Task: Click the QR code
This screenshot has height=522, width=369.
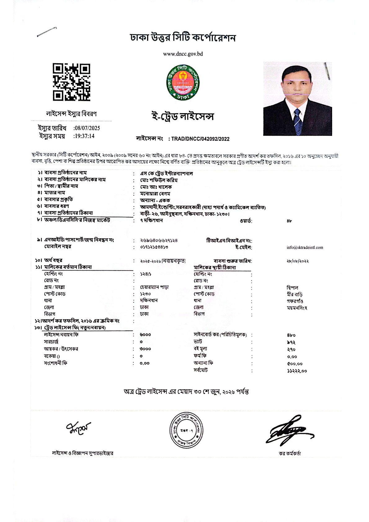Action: [x=71, y=82]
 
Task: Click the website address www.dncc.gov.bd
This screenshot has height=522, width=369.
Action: [x=183, y=54]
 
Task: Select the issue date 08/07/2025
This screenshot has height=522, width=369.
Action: [x=87, y=128]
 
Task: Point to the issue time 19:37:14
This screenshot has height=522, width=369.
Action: [x=84, y=136]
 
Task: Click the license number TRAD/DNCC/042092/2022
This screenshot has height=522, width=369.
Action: [x=200, y=139]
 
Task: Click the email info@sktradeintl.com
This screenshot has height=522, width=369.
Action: [x=305, y=247]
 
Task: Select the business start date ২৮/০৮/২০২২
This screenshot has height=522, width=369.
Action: [x=298, y=261]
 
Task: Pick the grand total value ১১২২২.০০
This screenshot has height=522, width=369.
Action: [x=297, y=371]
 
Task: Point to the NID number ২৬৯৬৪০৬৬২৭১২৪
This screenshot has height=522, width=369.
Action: [x=159, y=240]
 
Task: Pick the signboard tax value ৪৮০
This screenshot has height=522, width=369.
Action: [x=291, y=335]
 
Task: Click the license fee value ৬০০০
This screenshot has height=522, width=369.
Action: [x=145, y=335]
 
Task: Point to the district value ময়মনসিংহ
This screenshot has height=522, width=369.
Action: [x=297, y=308]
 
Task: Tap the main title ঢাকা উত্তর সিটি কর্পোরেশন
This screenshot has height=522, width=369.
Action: [x=183, y=38]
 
